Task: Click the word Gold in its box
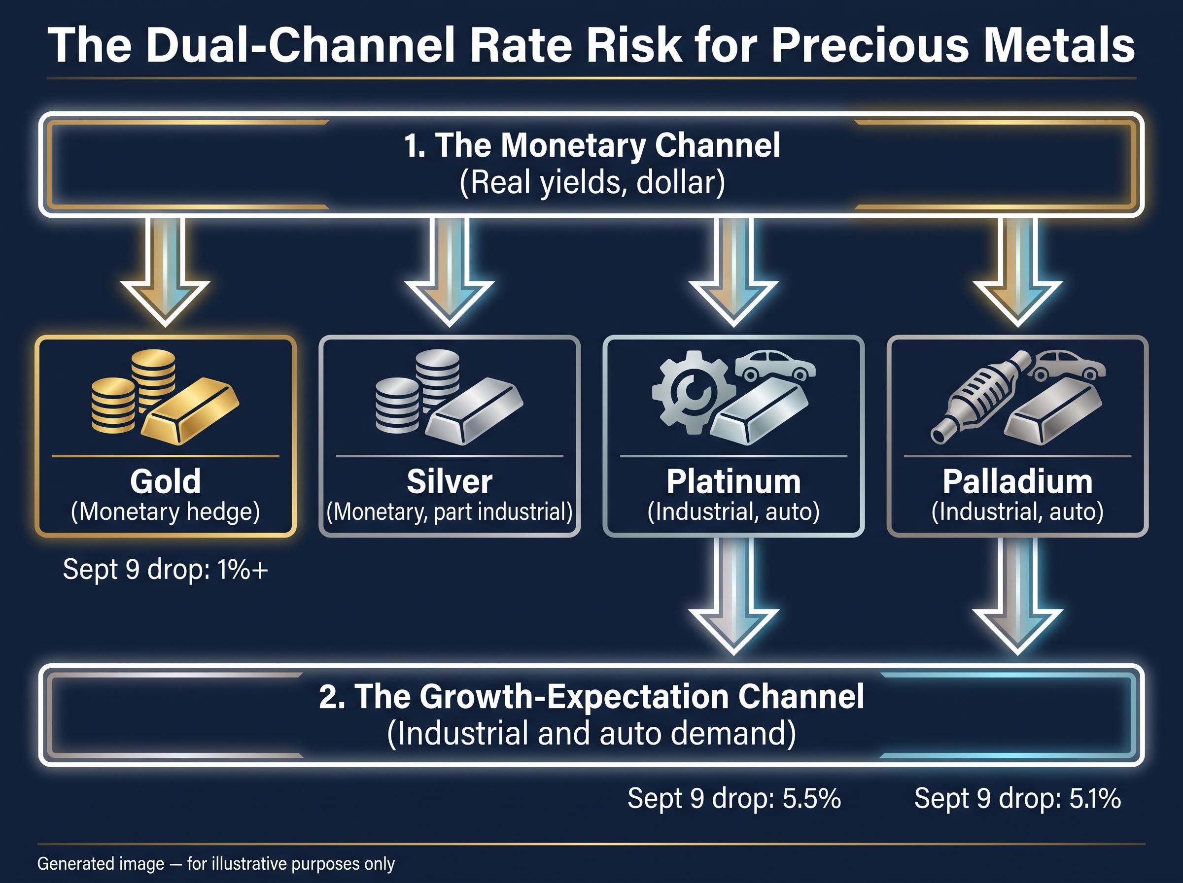click(166, 481)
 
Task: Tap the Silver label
click(450, 481)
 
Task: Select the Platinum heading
click(733, 481)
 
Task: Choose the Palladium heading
click(1017, 481)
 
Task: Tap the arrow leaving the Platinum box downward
click(733, 596)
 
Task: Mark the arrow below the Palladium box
click(1017, 596)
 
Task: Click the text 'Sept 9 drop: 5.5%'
click(734, 799)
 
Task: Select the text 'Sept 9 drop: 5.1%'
click(1017, 799)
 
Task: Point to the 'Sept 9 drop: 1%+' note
click(166, 569)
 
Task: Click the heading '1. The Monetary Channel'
click(592, 145)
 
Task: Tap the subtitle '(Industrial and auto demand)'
click(592, 733)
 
